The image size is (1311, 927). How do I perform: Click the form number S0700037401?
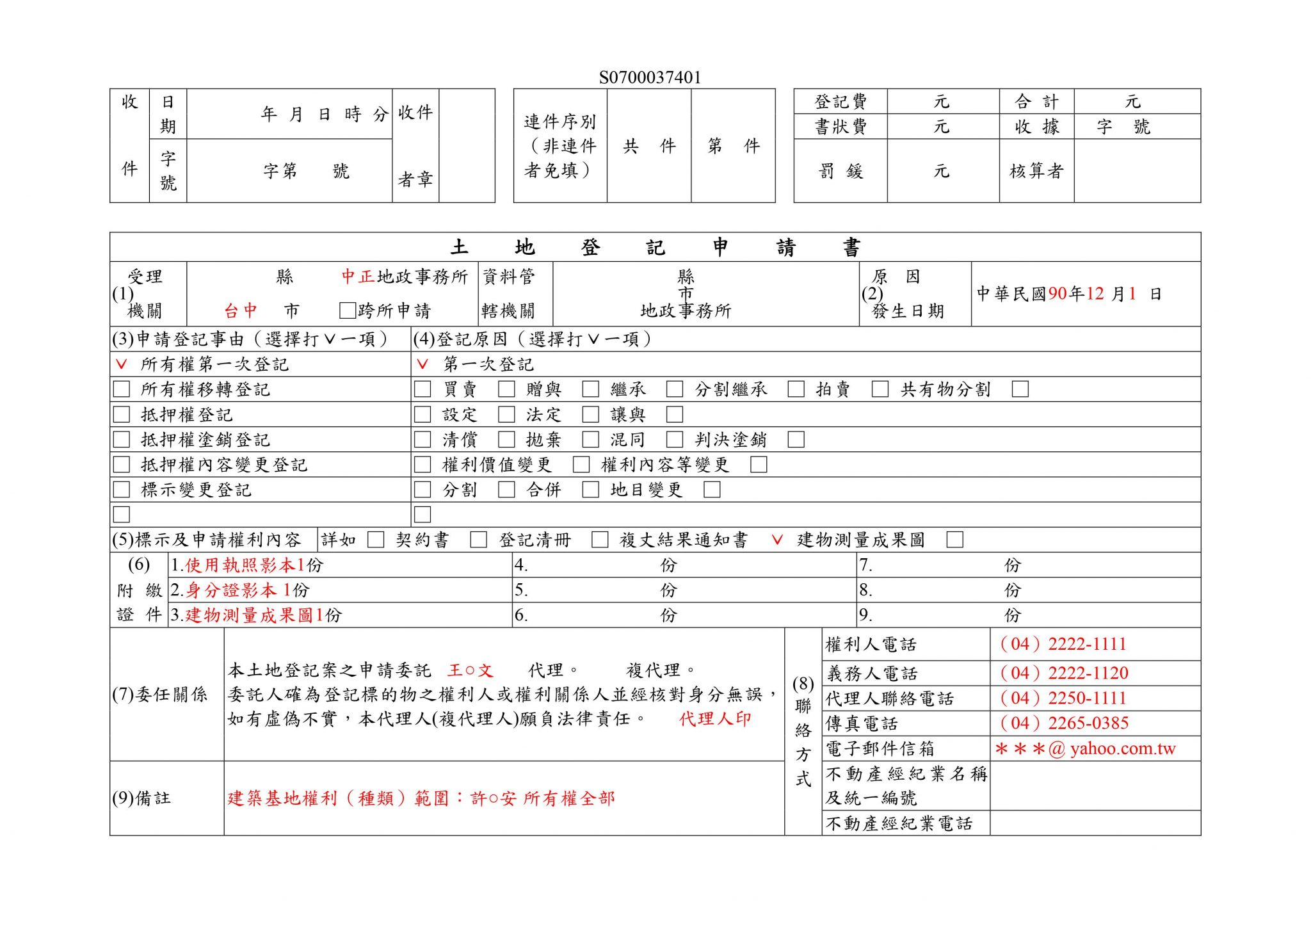650,77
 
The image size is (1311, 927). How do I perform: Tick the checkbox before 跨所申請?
347,311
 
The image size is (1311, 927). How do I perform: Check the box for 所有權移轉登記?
121,389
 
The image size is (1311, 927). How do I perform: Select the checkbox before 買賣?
422,389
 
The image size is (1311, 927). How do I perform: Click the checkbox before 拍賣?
796,389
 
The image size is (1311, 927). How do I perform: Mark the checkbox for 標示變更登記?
121,490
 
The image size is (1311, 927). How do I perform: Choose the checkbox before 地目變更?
590,490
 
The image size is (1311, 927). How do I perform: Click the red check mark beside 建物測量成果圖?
777,540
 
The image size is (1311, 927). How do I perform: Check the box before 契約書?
376,540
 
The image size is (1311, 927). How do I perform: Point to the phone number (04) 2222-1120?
1063,673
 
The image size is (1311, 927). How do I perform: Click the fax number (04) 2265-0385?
1063,723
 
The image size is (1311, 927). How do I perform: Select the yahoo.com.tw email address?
1086,748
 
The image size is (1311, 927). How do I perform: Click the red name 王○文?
471,670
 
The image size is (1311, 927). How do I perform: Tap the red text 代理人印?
714,719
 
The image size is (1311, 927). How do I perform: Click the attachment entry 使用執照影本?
240,565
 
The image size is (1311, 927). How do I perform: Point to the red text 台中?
241,311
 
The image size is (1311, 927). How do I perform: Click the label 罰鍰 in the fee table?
840,171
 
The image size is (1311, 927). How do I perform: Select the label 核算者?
1036,171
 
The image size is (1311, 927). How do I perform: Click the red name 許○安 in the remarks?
493,798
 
